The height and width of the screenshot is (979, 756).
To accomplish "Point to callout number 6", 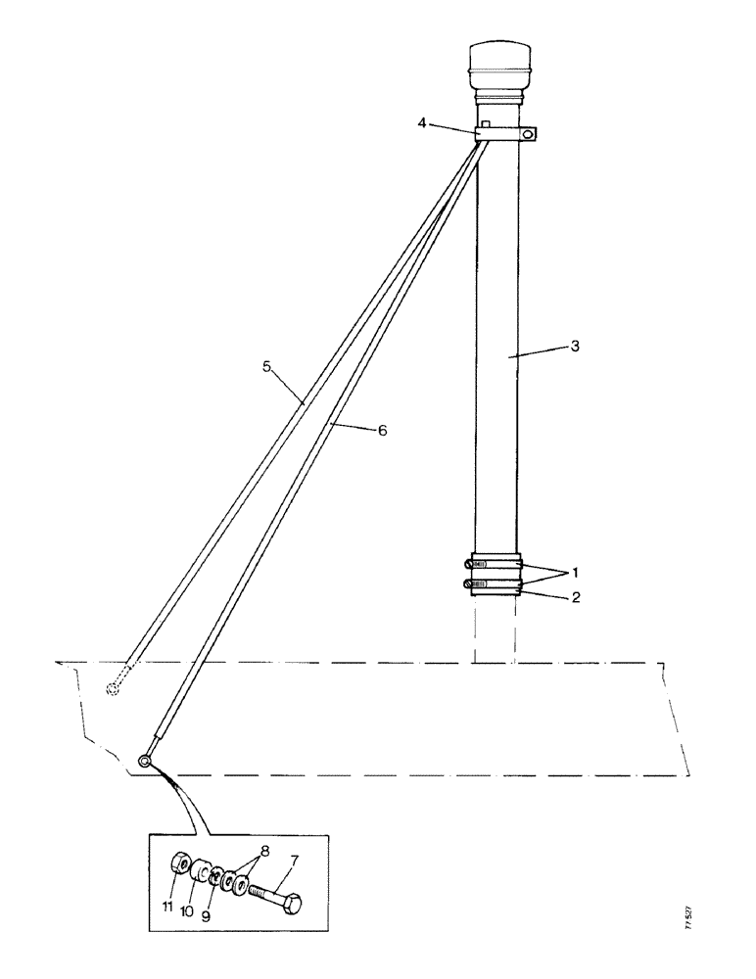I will click(x=383, y=430).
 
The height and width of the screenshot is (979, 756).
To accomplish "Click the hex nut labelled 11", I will click(x=180, y=864).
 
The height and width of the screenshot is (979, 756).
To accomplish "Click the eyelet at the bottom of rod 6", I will click(x=145, y=760).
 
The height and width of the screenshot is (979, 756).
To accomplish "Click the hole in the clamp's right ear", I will click(x=529, y=134).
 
